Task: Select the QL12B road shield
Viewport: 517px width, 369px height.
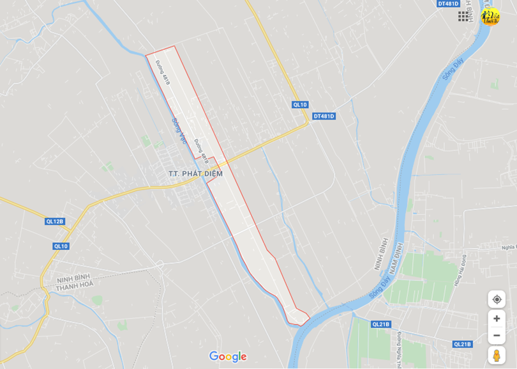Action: (55, 221)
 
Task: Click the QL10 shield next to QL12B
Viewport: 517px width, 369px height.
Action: (61, 246)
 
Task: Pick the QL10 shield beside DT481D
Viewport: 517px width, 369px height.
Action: (300, 104)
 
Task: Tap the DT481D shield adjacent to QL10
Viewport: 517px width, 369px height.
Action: (324, 116)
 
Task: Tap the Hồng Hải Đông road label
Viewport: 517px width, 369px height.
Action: (459, 270)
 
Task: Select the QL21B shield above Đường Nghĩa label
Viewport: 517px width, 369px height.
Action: (381, 324)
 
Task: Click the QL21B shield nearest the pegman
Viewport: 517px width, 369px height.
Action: (462, 344)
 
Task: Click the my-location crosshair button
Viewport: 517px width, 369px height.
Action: (497, 299)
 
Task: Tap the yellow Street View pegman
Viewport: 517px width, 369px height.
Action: (497, 356)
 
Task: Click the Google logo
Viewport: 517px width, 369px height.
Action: (228, 356)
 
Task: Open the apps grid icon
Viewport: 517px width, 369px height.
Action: (463, 17)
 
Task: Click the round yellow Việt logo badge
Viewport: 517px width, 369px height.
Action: (490, 17)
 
